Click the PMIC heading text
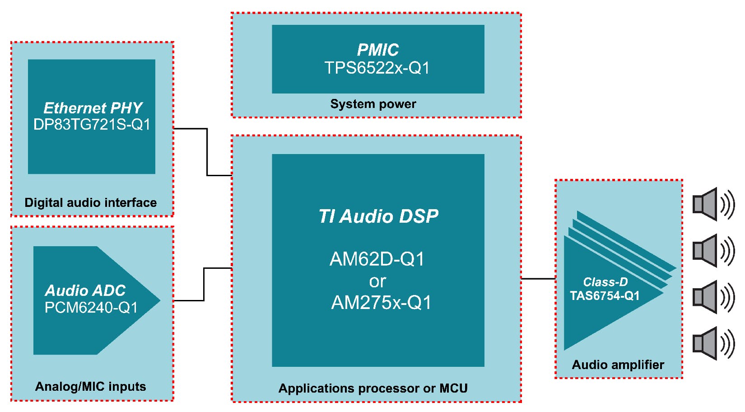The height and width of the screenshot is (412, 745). [377, 50]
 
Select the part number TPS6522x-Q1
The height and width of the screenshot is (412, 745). [377, 68]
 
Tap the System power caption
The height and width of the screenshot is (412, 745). [373, 104]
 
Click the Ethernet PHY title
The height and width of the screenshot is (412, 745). [93, 108]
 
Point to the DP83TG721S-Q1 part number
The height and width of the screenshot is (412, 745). [92, 125]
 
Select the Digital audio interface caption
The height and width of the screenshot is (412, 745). [90, 202]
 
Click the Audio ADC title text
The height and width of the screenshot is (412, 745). [85, 290]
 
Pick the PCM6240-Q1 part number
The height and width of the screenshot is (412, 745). [91, 308]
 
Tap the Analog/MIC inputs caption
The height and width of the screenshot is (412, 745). [90, 386]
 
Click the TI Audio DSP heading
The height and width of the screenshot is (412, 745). [378, 216]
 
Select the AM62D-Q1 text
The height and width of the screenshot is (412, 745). [377, 259]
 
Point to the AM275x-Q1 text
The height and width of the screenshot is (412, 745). [381, 302]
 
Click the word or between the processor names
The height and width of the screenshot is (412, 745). [377, 281]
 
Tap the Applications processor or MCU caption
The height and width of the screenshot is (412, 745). [373, 388]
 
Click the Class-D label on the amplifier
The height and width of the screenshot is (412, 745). [605, 282]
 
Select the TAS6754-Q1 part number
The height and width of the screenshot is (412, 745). [605, 296]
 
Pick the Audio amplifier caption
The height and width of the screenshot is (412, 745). [618, 365]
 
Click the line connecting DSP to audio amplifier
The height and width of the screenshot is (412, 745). [538, 279]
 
